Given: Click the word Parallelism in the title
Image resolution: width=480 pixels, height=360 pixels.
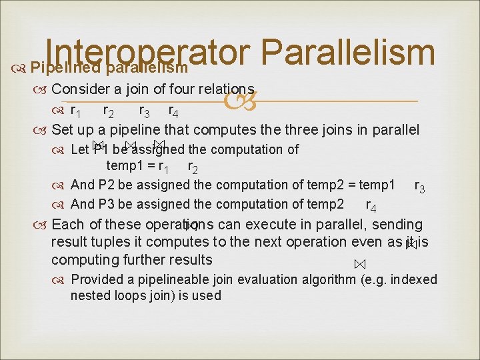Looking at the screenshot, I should pyautogui.click(x=347, y=49).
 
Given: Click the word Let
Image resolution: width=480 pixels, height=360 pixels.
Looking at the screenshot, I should pyautogui.click(x=79, y=149).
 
